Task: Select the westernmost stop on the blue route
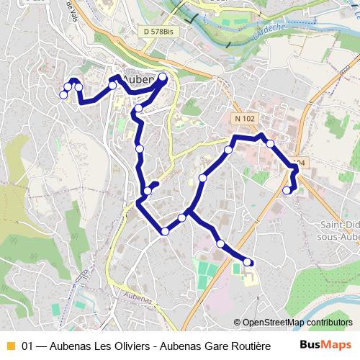(63, 94)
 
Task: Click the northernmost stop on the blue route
(163, 77)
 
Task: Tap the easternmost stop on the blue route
(294, 168)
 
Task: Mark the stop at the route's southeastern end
(248, 262)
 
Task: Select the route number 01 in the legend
(28, 345)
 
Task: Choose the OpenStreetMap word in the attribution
(273, 322)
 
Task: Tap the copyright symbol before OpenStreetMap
(238, 322)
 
